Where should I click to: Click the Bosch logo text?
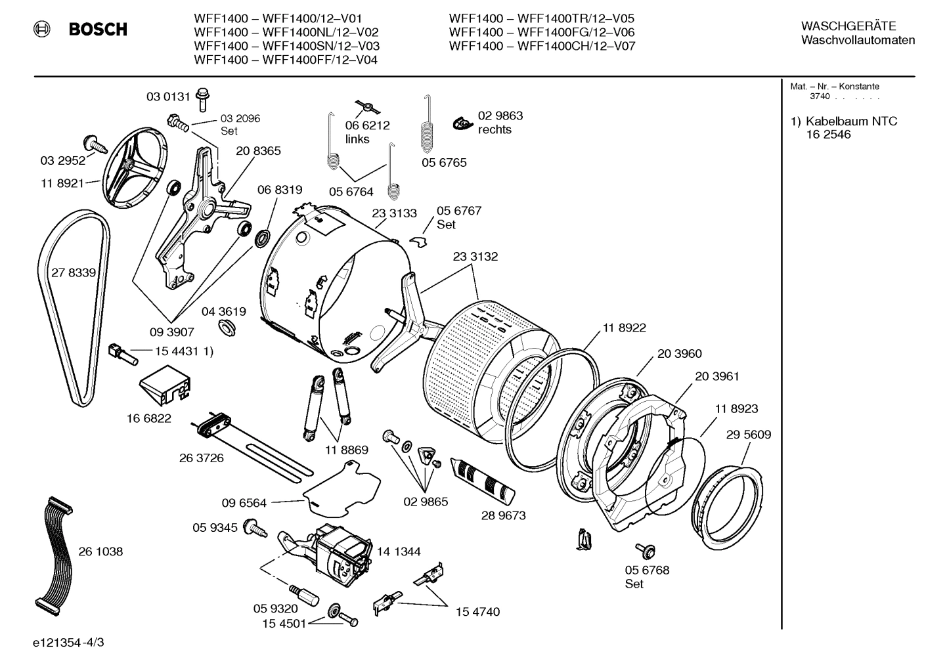pos(98,30)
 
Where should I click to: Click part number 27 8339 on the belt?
pos(74,272)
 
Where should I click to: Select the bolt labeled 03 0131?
pos(202,98)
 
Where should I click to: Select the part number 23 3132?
pos(475,257)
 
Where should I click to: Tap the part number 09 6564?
pos(244,503)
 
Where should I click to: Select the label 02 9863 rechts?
pos(500,123)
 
